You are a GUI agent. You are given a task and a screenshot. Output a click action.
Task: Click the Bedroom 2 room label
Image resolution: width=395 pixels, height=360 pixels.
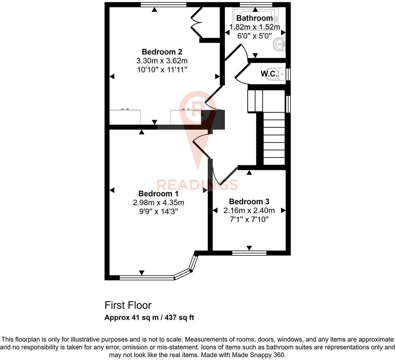[x=162, y=52]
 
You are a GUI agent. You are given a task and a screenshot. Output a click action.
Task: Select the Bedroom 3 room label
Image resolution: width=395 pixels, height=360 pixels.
[x=249, y=202]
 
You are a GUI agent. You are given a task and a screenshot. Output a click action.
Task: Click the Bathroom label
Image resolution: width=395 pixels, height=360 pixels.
[x=255, y=18]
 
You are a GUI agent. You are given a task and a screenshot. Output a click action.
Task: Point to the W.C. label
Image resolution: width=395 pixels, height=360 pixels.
[x=269, y=74]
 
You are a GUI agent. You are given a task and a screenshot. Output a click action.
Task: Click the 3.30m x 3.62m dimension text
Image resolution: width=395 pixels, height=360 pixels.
[x=162, y=61]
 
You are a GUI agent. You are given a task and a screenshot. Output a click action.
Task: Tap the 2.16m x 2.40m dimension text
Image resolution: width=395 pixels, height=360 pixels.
[x=249, y=210]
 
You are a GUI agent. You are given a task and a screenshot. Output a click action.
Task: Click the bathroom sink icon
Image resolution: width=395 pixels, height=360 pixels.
[x=280, y=45]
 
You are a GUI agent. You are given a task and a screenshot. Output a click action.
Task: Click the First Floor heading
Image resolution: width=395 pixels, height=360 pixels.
[x=128, y=305]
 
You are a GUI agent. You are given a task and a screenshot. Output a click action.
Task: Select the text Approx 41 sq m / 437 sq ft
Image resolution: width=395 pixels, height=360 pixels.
[x=149, y=318]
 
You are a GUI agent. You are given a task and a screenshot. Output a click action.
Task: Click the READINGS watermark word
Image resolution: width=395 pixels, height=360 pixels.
[x=197, y=185]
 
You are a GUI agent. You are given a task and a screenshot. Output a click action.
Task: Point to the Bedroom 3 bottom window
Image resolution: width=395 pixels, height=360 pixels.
[x=249, y=252]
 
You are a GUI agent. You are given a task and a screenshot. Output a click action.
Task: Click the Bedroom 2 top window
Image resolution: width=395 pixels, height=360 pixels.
[x=163, y=5]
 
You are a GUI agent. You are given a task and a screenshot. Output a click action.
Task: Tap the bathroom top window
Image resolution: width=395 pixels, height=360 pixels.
[x=256, y=5]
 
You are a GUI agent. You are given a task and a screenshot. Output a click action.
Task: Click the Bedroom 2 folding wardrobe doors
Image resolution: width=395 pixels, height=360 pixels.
[x=197, y=23]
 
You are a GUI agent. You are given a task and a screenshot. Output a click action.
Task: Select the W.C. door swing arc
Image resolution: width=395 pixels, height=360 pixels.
[x=240, y=75]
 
